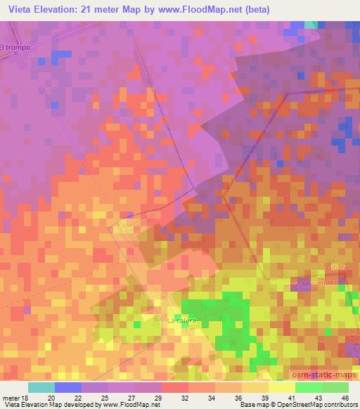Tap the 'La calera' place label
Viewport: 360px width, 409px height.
[181, 320]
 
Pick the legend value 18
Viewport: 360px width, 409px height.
[24, 397]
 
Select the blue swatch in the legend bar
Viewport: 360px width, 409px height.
[67, 387]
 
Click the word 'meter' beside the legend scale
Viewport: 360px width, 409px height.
[9, 397]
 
